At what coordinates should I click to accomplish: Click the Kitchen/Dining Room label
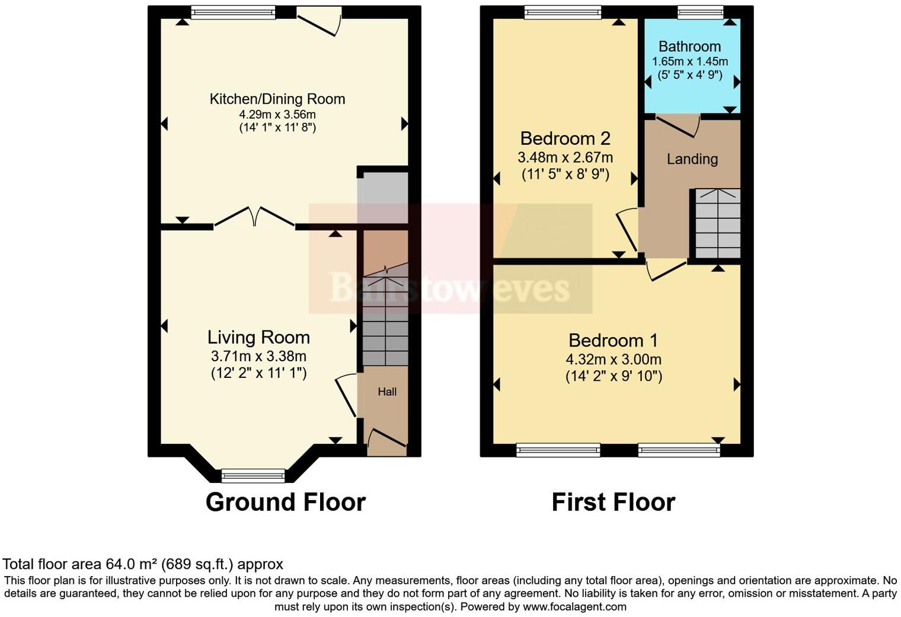tap(277, 99)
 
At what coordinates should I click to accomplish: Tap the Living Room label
tap(258, 338)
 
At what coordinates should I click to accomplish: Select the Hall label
tap(387, 392)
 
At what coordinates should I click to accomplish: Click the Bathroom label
tap(689, 46)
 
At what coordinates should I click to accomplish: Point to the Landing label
tap(692, 159)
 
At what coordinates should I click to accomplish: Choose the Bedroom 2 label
tap(565, 138)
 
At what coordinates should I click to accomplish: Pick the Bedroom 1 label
tap(613, 341)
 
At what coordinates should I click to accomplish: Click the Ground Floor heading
tap(285, 502)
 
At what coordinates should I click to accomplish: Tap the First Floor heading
tap(613, 502)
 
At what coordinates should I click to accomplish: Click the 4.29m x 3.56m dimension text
tap(277, 115)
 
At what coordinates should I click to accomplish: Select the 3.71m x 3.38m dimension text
tap(258, 357)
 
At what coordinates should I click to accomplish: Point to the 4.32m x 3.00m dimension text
tap(613, 360)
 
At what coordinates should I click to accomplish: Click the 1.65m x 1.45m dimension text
tap(689, 62)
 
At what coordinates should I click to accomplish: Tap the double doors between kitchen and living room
tap(254, 217)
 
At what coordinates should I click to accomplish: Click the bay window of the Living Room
tap(253, 475)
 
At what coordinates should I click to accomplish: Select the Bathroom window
tap(701, 12)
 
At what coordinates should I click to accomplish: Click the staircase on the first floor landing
tap(717, 223)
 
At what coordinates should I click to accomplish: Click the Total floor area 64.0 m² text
tap(143, 564)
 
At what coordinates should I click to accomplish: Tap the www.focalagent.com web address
tap(574, 607)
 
